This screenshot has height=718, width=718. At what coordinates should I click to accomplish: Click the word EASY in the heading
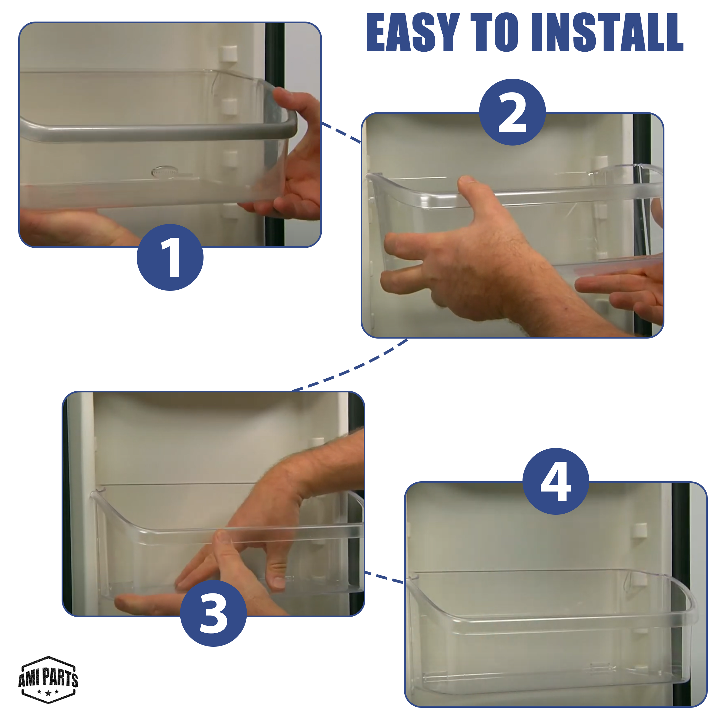point(413,32)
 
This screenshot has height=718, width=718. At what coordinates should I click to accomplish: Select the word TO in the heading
point(495,32)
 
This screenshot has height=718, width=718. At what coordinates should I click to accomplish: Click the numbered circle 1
point(170,257)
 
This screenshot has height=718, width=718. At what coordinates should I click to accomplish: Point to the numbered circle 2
point(513,112)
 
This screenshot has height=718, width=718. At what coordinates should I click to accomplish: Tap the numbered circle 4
point(556,481)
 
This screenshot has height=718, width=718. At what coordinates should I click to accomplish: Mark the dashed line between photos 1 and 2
point(341,133)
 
